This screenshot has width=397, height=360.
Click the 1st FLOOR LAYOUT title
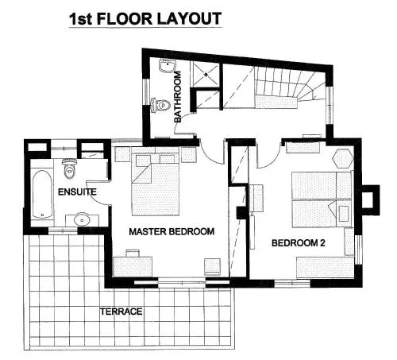coord(145,19)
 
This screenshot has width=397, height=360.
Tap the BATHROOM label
coord(178,97)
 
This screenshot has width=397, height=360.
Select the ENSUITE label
coord(77,192)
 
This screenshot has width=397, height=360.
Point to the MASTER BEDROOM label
coord(172,231)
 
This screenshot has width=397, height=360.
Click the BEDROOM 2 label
coord(299,243)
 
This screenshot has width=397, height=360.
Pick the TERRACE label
coord(121,312)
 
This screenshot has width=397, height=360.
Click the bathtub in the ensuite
coord(42,194)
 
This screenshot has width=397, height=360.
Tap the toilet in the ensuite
coord(69,168)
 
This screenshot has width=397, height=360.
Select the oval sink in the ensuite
coord(82,219)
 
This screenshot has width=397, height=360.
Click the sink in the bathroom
coord(168,66)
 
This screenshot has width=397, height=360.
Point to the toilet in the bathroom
coord(160,105)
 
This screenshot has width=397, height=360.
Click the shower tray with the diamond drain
coord(206,75)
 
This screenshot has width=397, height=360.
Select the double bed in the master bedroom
coord(156,184)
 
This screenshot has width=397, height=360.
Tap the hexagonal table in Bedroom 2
coord(343,158)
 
